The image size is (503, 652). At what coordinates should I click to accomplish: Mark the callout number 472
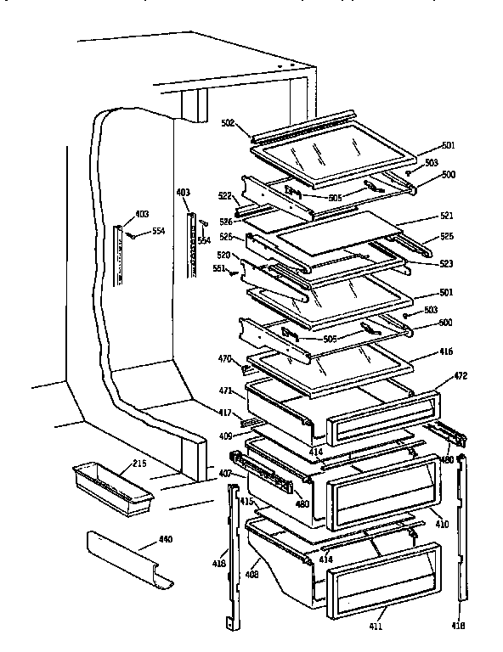tap(460, 374)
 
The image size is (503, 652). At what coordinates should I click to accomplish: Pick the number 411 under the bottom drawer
tap(376, 627)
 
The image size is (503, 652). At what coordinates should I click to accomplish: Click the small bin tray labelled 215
tap(112, 488)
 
